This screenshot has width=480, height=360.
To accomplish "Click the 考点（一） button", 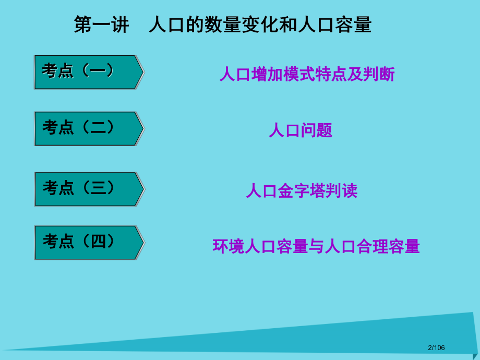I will [88, 72].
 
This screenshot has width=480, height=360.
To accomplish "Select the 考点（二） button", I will [88, 128].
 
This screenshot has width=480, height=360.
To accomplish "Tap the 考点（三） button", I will [88, 189].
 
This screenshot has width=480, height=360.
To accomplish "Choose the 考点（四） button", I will [88, 243].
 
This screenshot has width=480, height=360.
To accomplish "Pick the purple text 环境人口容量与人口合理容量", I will [316, 246].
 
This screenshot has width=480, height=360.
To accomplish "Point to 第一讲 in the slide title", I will [101, 25].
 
